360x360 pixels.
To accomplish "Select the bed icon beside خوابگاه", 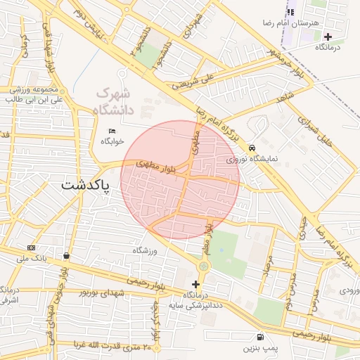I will tap(112, 131).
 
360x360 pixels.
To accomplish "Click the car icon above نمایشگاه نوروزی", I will tap(252, 148).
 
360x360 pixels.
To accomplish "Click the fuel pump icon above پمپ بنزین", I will tap(261, 337).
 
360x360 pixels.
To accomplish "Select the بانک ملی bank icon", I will tap(31, 247).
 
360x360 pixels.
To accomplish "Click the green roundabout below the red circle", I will tap(204, 266).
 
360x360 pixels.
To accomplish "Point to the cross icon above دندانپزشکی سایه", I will tap(195, 284).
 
